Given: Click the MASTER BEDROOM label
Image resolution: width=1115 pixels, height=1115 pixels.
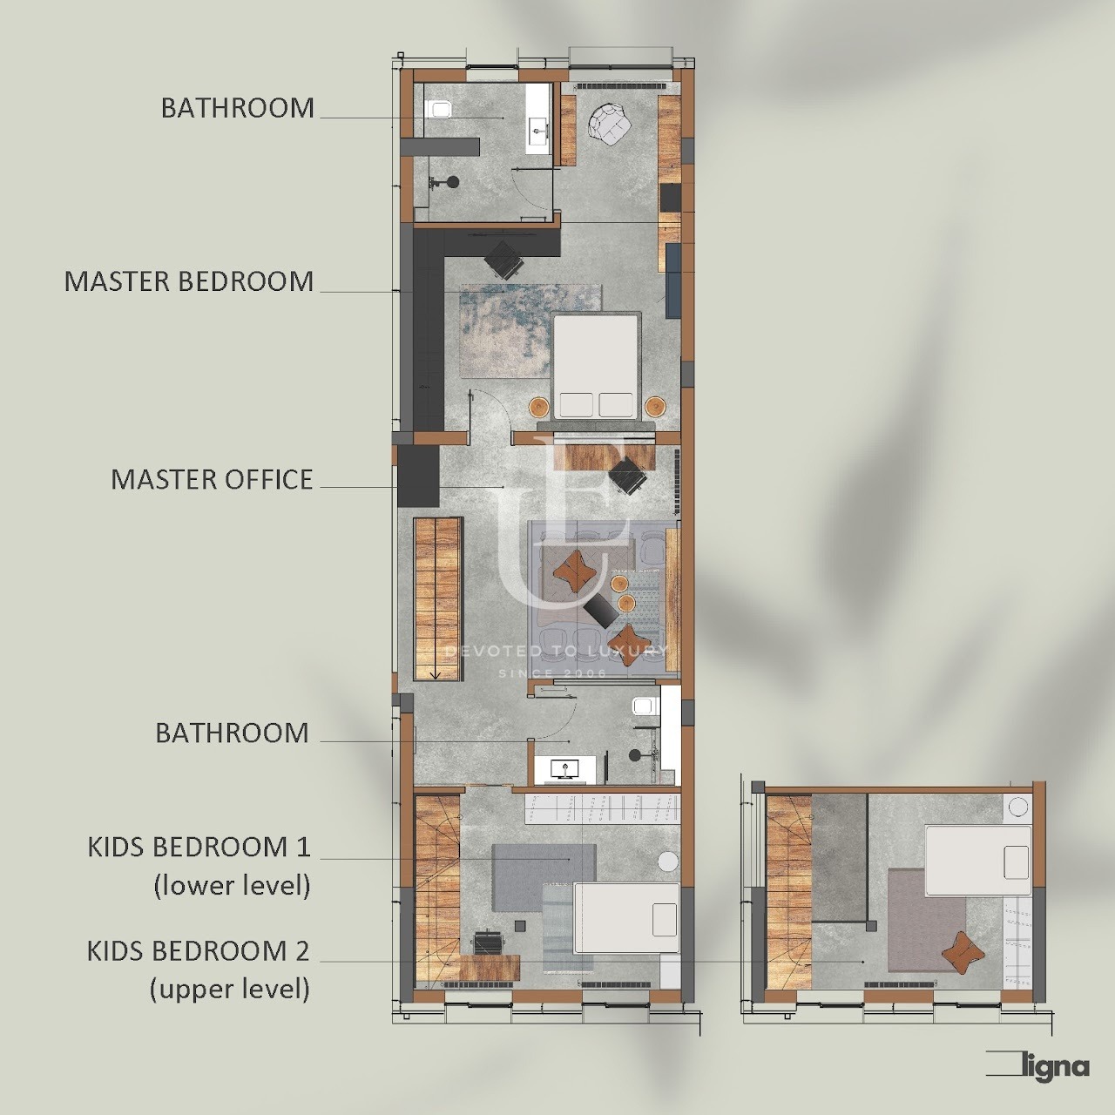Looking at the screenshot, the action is (x=189, y=281).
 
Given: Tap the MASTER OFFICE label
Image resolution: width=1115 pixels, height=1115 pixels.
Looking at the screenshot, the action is (x=212, y=480).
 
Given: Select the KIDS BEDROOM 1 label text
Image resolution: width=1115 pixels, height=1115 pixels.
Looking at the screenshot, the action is (x=199, y=848).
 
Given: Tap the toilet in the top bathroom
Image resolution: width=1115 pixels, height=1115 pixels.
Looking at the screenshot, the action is (x=439, y=109).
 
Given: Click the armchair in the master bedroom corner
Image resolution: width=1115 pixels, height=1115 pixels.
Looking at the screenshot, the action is (x=610, y=123).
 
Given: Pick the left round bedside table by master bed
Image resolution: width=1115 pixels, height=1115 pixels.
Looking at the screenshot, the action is (x=539, y=407).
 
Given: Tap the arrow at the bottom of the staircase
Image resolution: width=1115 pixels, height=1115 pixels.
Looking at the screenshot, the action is (x=436, y=673).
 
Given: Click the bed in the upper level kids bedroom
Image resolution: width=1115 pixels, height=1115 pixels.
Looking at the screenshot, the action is (x=978, y=861).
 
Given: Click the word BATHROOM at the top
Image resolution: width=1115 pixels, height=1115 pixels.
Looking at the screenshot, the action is (x=237, y=108).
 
